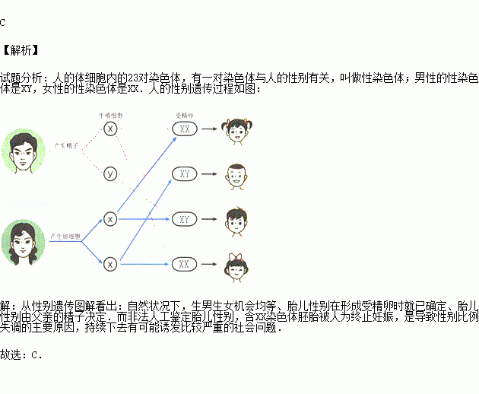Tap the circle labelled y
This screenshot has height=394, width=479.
click(x=110, y=174)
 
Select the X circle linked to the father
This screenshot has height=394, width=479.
click(x=110, y=129)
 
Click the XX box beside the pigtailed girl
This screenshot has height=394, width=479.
click(x=184, y=129)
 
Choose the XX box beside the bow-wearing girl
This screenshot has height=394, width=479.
click(x=184, y=264)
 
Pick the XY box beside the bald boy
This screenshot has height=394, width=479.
click(x=184, y=174)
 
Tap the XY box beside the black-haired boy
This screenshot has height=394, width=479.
click(x=184, y=219)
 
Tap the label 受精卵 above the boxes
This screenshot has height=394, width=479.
click(x=185, y=115)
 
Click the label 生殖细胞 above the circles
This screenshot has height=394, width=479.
click(x=111, y=115)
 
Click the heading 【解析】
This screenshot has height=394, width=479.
click(x=21, y=51)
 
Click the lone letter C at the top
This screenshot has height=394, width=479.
click(x=3, y=22)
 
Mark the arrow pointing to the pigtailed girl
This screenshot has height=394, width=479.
click(x=209, y=129)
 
